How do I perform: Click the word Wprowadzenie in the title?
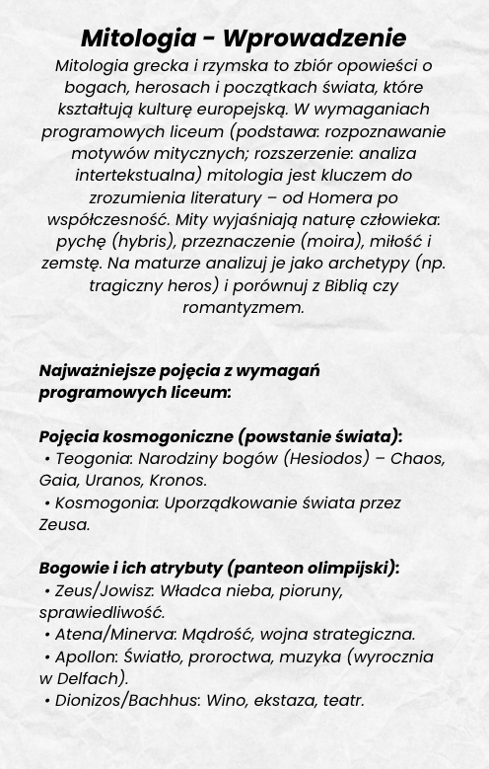pyautogui.click(x=314, y=38)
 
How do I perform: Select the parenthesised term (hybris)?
pyautogui.click(x=152, y=241)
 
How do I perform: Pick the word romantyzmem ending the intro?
pyautogui.click(x=244, y=307)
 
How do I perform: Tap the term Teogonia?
pyautogui.click(x=93, y=459)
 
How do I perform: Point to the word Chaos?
pyautogui.click(x=418, y=459)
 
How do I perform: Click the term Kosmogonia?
pyautogui.click(x=105, y=502)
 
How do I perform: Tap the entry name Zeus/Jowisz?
pyautogui.click(x=104, y=590)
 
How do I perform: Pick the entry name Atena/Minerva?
pyautogui.click(x=114, y=635)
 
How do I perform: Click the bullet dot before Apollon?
pyautogui.click(x=47, y=656)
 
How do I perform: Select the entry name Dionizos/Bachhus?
pyautogui.click(x=125, y=701)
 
